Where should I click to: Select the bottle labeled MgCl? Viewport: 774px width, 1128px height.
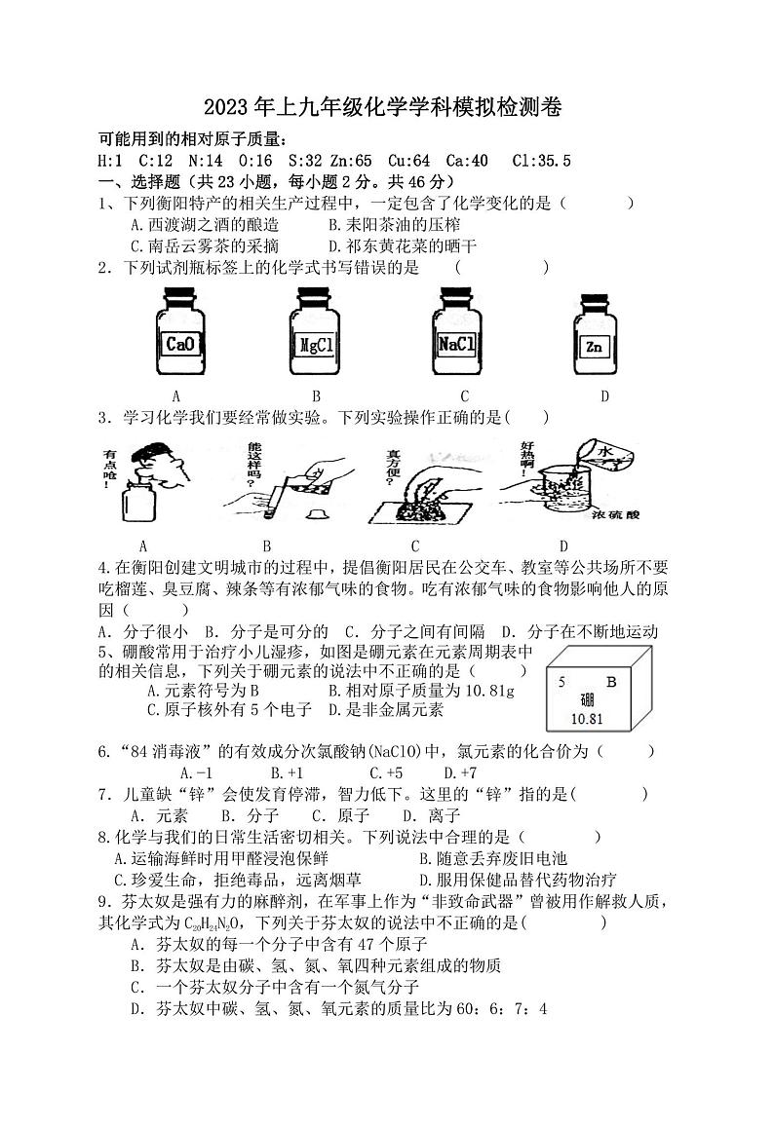(317, 335)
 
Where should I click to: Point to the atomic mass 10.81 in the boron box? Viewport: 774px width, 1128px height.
(587, 720)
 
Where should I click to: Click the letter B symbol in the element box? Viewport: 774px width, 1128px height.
(611, 682)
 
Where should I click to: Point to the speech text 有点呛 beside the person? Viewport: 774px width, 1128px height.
(113, 466)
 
